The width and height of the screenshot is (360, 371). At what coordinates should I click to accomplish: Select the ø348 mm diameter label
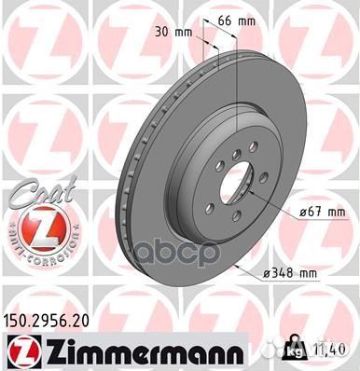point(290,271)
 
